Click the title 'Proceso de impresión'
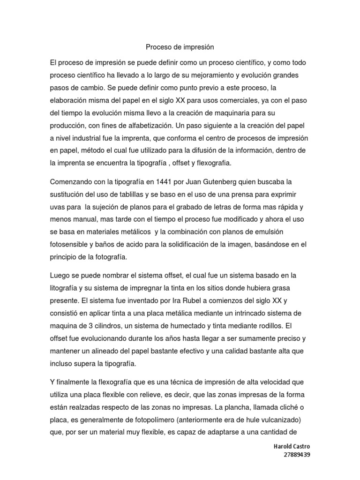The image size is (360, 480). [x=180, y=47]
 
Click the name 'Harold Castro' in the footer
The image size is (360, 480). [x=292, y=447]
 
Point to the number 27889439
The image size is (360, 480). [x=297, y=455]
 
